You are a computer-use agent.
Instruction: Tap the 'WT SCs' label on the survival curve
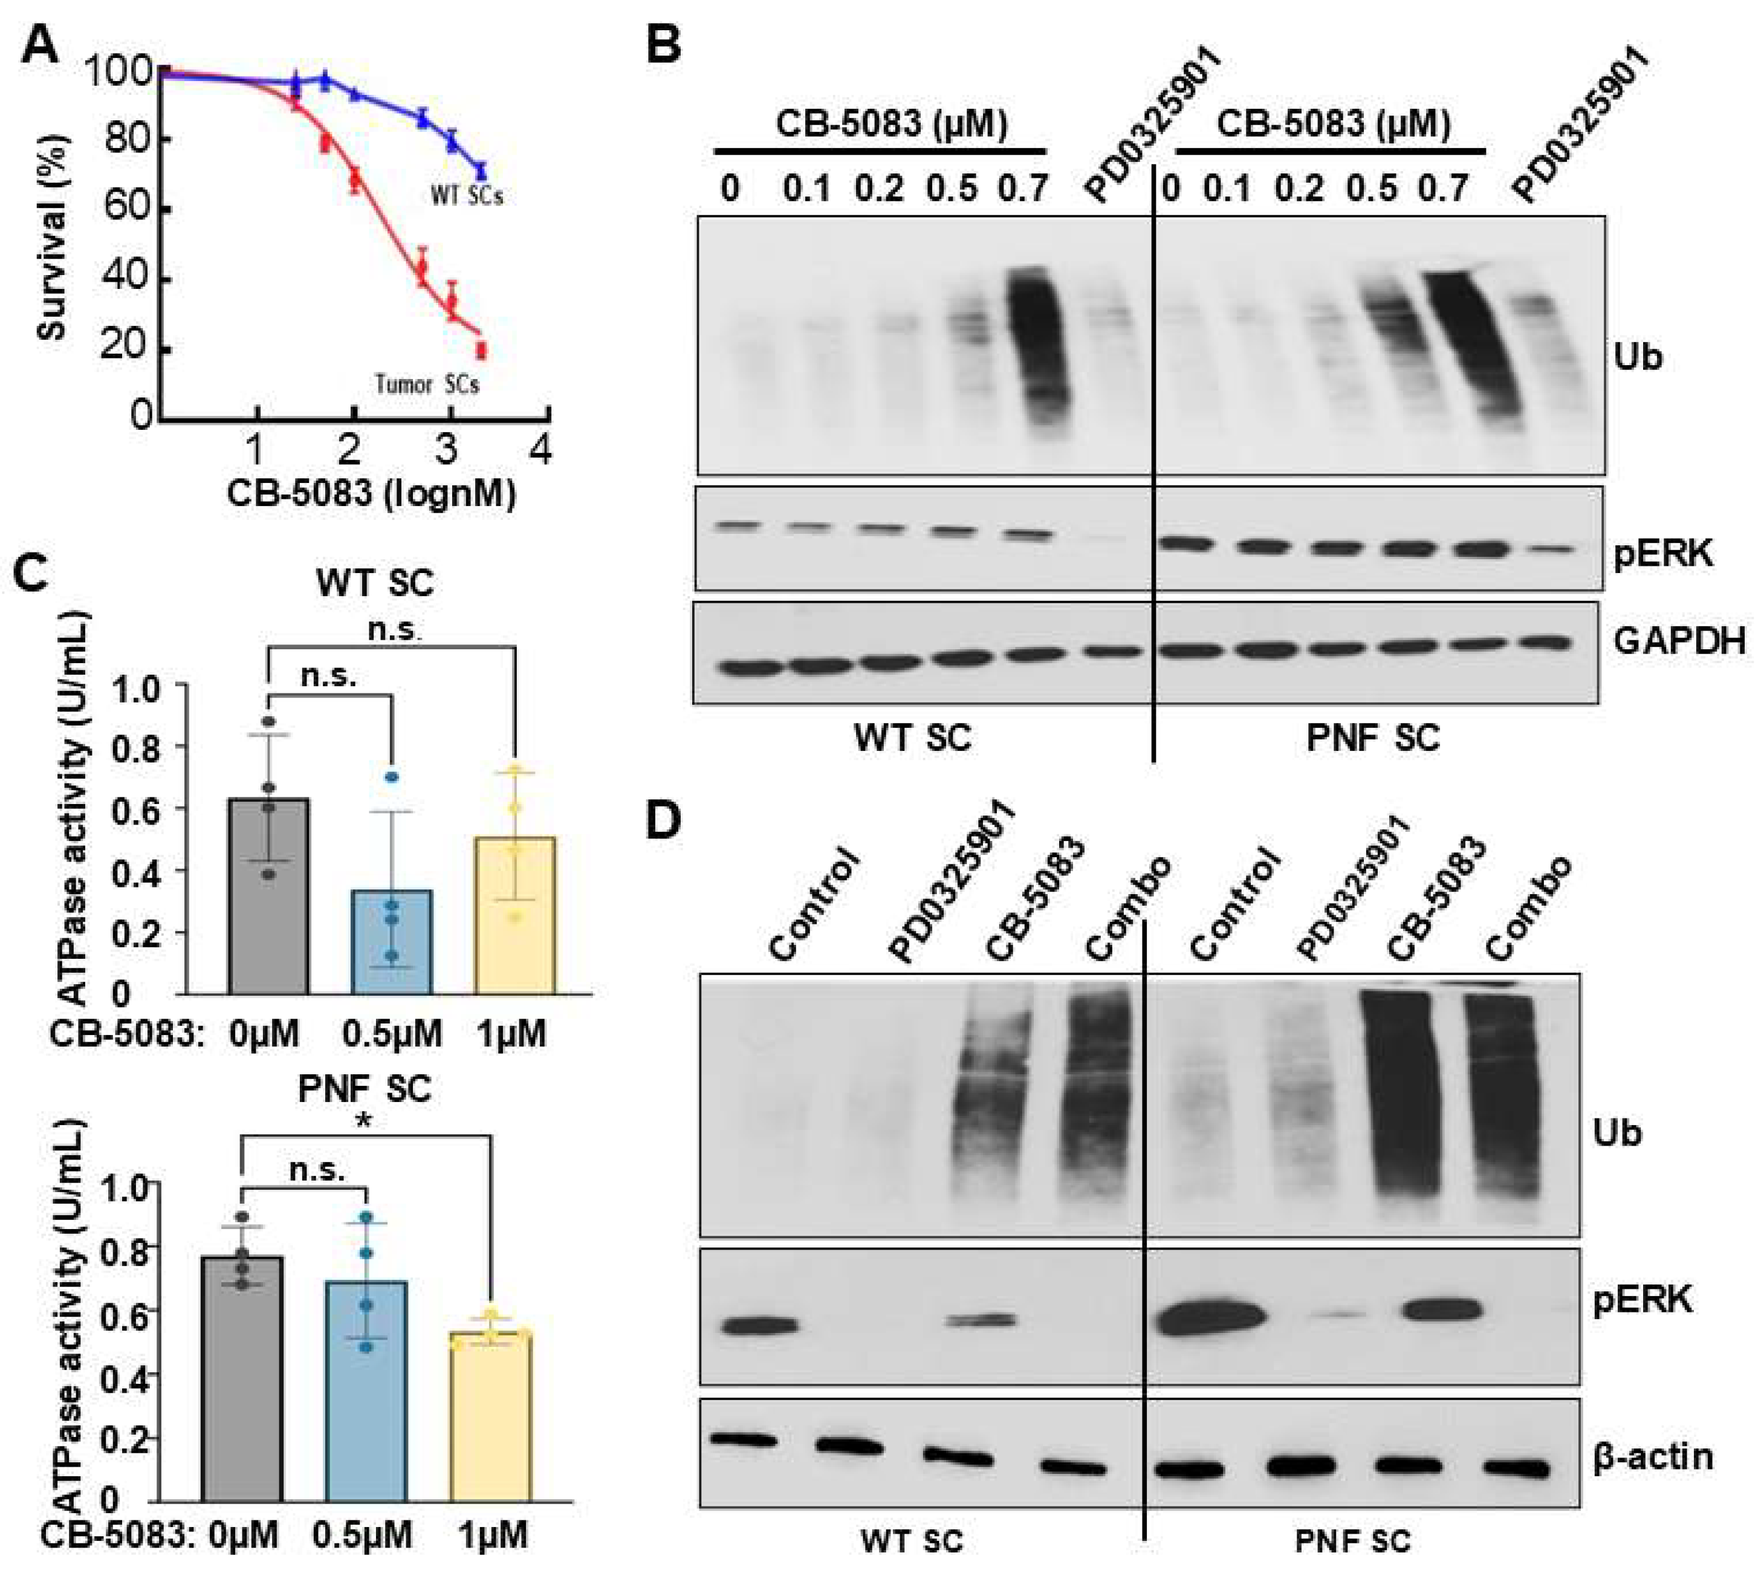(x=467, y=196)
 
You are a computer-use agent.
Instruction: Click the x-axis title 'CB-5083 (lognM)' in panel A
(x=372, y=493)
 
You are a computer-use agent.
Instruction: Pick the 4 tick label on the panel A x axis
(x=540, y=449)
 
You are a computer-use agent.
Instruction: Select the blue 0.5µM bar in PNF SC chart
(x=366, y=1392)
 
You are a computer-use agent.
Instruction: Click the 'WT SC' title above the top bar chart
(x=374, y=583)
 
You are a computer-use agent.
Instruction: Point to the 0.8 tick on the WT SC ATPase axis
(x=134, y=747)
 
